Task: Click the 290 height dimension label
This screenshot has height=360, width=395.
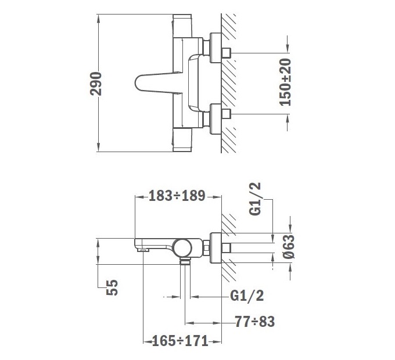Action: pyautogui.click(x=96, y=84)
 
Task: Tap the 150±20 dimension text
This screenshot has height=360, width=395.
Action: pyautogui.click(x=285, y=82)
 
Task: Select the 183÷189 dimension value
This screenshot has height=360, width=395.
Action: pyautogui.click(x=177, y=196)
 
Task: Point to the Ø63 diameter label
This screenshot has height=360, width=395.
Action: pyautogui.click(x=289, y=246)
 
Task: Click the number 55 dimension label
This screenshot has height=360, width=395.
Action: pyautogui.click(x=112, y=287)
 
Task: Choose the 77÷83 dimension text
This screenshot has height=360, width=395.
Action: pyautogui.click(x=254, y=322)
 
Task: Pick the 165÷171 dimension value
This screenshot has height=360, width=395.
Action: pyautogui.click(x=181, y=341)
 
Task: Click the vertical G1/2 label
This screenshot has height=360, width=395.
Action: pyautogui.click(x=255, y=199)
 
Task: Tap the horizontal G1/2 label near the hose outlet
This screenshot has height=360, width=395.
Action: pyautogui.click(x=247, y=296)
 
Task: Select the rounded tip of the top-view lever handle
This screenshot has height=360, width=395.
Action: pyautogui.click(x=137, y=83)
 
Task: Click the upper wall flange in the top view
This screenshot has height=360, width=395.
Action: pyautogui.click(x=216, y=48)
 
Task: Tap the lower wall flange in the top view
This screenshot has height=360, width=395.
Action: pyautogui.click(x=216, y=119)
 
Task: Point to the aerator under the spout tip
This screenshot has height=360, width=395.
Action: pyautogui.click(x=142, y=250)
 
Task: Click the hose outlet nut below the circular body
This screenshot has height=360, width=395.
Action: pyautogui.click(x=185, y=261)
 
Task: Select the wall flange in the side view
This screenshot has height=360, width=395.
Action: pyautogui.click(x=216, y=248)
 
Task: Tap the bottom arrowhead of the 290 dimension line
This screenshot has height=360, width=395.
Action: pyautogui.click(x=99, y=147)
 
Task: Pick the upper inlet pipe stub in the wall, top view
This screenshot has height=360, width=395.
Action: pyautogui.click(x=226, y=53)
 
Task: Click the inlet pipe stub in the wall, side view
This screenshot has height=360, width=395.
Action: pyautogui.click(x=226, y=248)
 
